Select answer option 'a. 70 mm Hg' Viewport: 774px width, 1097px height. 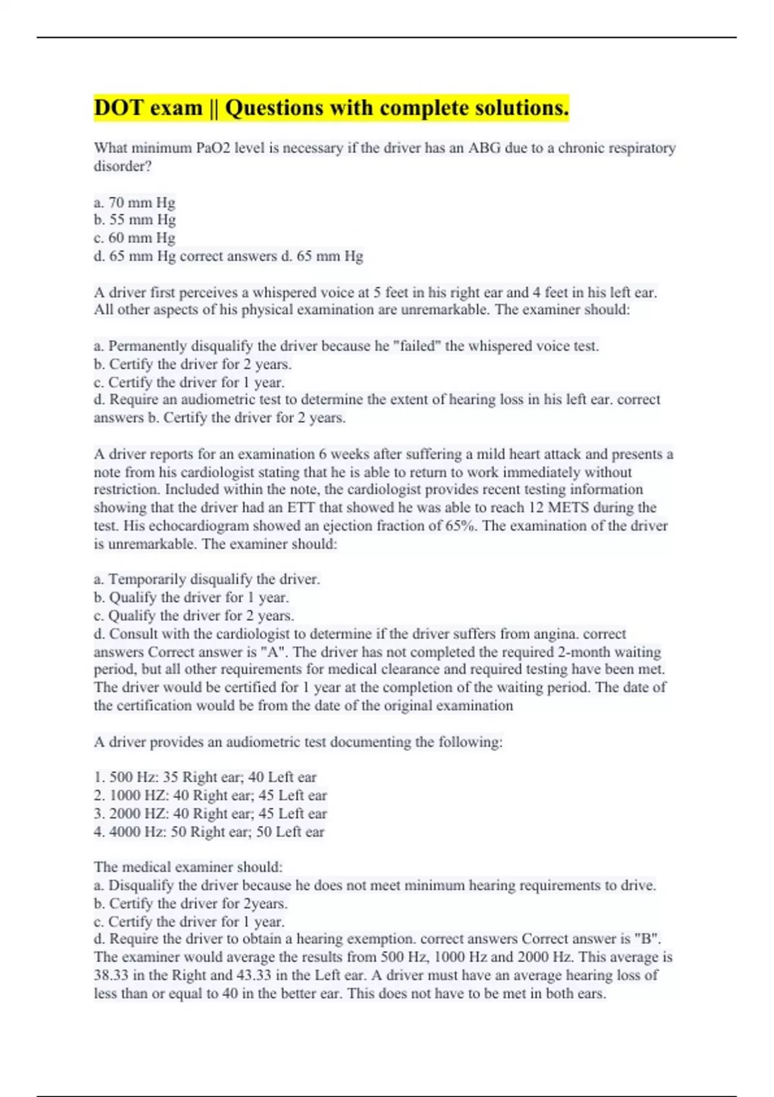coord(134,203)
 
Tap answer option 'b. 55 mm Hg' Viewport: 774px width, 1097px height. coord(134,220)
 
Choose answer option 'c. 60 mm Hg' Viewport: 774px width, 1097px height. coord(134,238)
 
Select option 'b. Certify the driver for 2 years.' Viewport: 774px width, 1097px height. coord(192,364)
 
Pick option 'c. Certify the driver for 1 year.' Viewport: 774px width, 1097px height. coord(189,382)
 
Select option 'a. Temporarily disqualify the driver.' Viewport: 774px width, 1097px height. coord(206,579)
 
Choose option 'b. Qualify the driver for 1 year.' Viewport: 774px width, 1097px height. coord(191,598)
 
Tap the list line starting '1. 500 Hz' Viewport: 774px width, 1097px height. coord(205,778)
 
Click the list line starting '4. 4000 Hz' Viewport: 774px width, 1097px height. coord(209,832)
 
